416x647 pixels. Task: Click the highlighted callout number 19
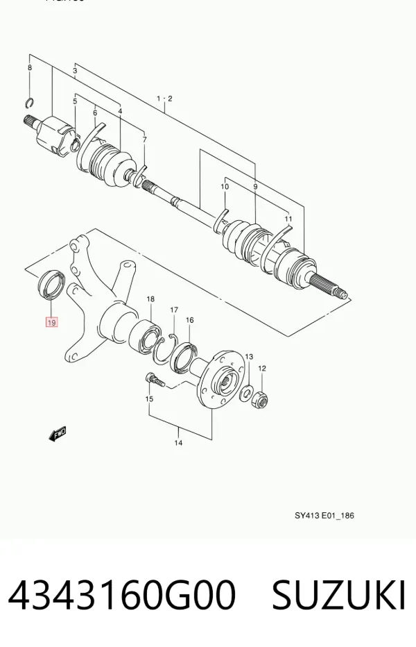(x=51, y=322)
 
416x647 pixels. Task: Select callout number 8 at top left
(x=30, y=67)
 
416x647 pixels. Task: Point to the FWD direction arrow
(x=58, y=434)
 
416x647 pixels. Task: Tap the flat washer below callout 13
(x=248, y=392)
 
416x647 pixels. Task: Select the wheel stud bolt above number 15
(x=155, y=379)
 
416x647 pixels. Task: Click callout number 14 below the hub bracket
(x=178, y=443)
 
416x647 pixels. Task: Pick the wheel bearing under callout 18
(x=145, y=335)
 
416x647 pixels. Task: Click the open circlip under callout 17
(x=165, y=348)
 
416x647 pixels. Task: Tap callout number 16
(x=190, y=320)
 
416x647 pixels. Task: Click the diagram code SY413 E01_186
(x=324, y=515)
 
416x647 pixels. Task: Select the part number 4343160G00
(x=122, y=595)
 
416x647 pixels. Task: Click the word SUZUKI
(x=339, y=595)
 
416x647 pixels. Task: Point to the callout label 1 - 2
(x=164, y=99)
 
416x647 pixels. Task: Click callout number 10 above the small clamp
(x=225, y=187)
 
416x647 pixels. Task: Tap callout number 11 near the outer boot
(x=288, y=219)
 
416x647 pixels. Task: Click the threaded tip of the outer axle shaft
(x=342, y=294)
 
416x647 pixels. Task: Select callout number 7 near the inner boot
(x=144, y=140)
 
